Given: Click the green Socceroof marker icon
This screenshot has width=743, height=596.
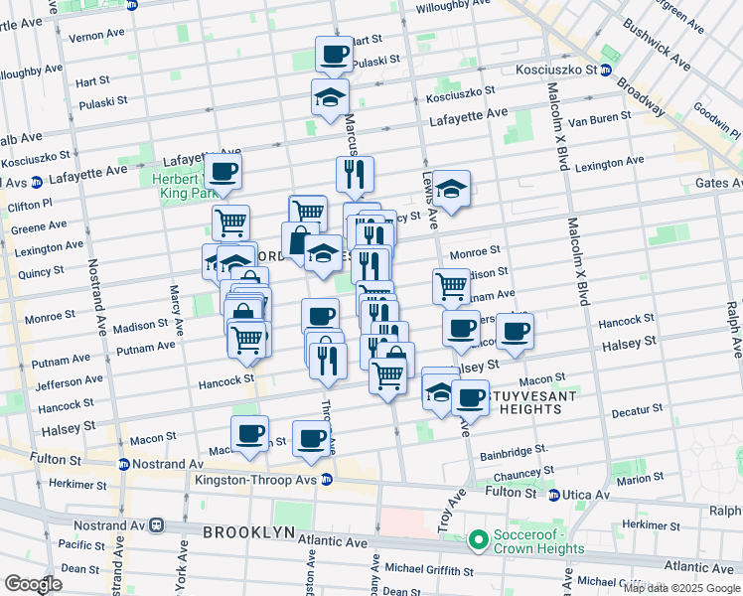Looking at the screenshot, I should (x=479, y=540).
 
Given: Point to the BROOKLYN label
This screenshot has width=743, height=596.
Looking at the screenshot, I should (x=248, y=532).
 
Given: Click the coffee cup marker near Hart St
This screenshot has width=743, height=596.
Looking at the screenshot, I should (x=334, y=54).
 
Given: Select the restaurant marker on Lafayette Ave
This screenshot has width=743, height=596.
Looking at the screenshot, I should (x=355, y=174).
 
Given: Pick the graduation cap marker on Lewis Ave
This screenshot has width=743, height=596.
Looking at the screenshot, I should (x=451, y=188).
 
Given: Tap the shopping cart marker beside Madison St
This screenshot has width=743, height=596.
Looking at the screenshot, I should (x=452, y=286).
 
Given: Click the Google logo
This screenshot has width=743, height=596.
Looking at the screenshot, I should (x=34, y=584).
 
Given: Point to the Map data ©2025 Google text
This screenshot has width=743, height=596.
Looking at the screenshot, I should (x=681, y=588).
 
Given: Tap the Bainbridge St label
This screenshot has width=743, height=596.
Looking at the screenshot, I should (x=512, y=454).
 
